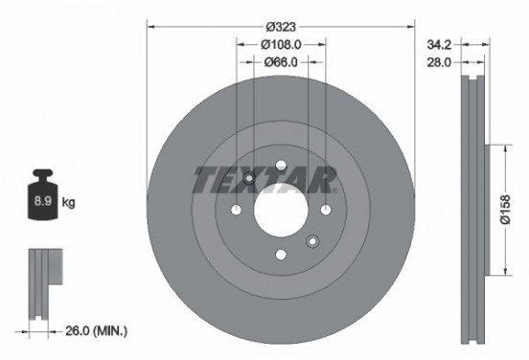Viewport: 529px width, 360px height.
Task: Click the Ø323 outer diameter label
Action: click(x=281, y=27)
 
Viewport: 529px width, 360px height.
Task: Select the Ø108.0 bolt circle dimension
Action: click(x=281, y=44)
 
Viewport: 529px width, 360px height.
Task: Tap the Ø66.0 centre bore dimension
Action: click(x=281, y=62)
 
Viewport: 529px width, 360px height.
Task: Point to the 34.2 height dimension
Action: click(x=439, y=44)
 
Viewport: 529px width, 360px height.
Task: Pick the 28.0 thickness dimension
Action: click(x=439, y=62)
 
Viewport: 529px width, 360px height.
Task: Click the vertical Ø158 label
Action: click(x=506, y=210)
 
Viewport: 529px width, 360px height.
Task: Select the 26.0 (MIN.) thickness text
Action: click(x=97, y=331)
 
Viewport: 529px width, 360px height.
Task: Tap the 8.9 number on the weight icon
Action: click(x=43, y=201)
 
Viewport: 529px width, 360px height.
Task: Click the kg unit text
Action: click(x=68, y=203)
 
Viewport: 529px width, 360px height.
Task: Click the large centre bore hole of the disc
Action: click(x=281, y=210)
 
